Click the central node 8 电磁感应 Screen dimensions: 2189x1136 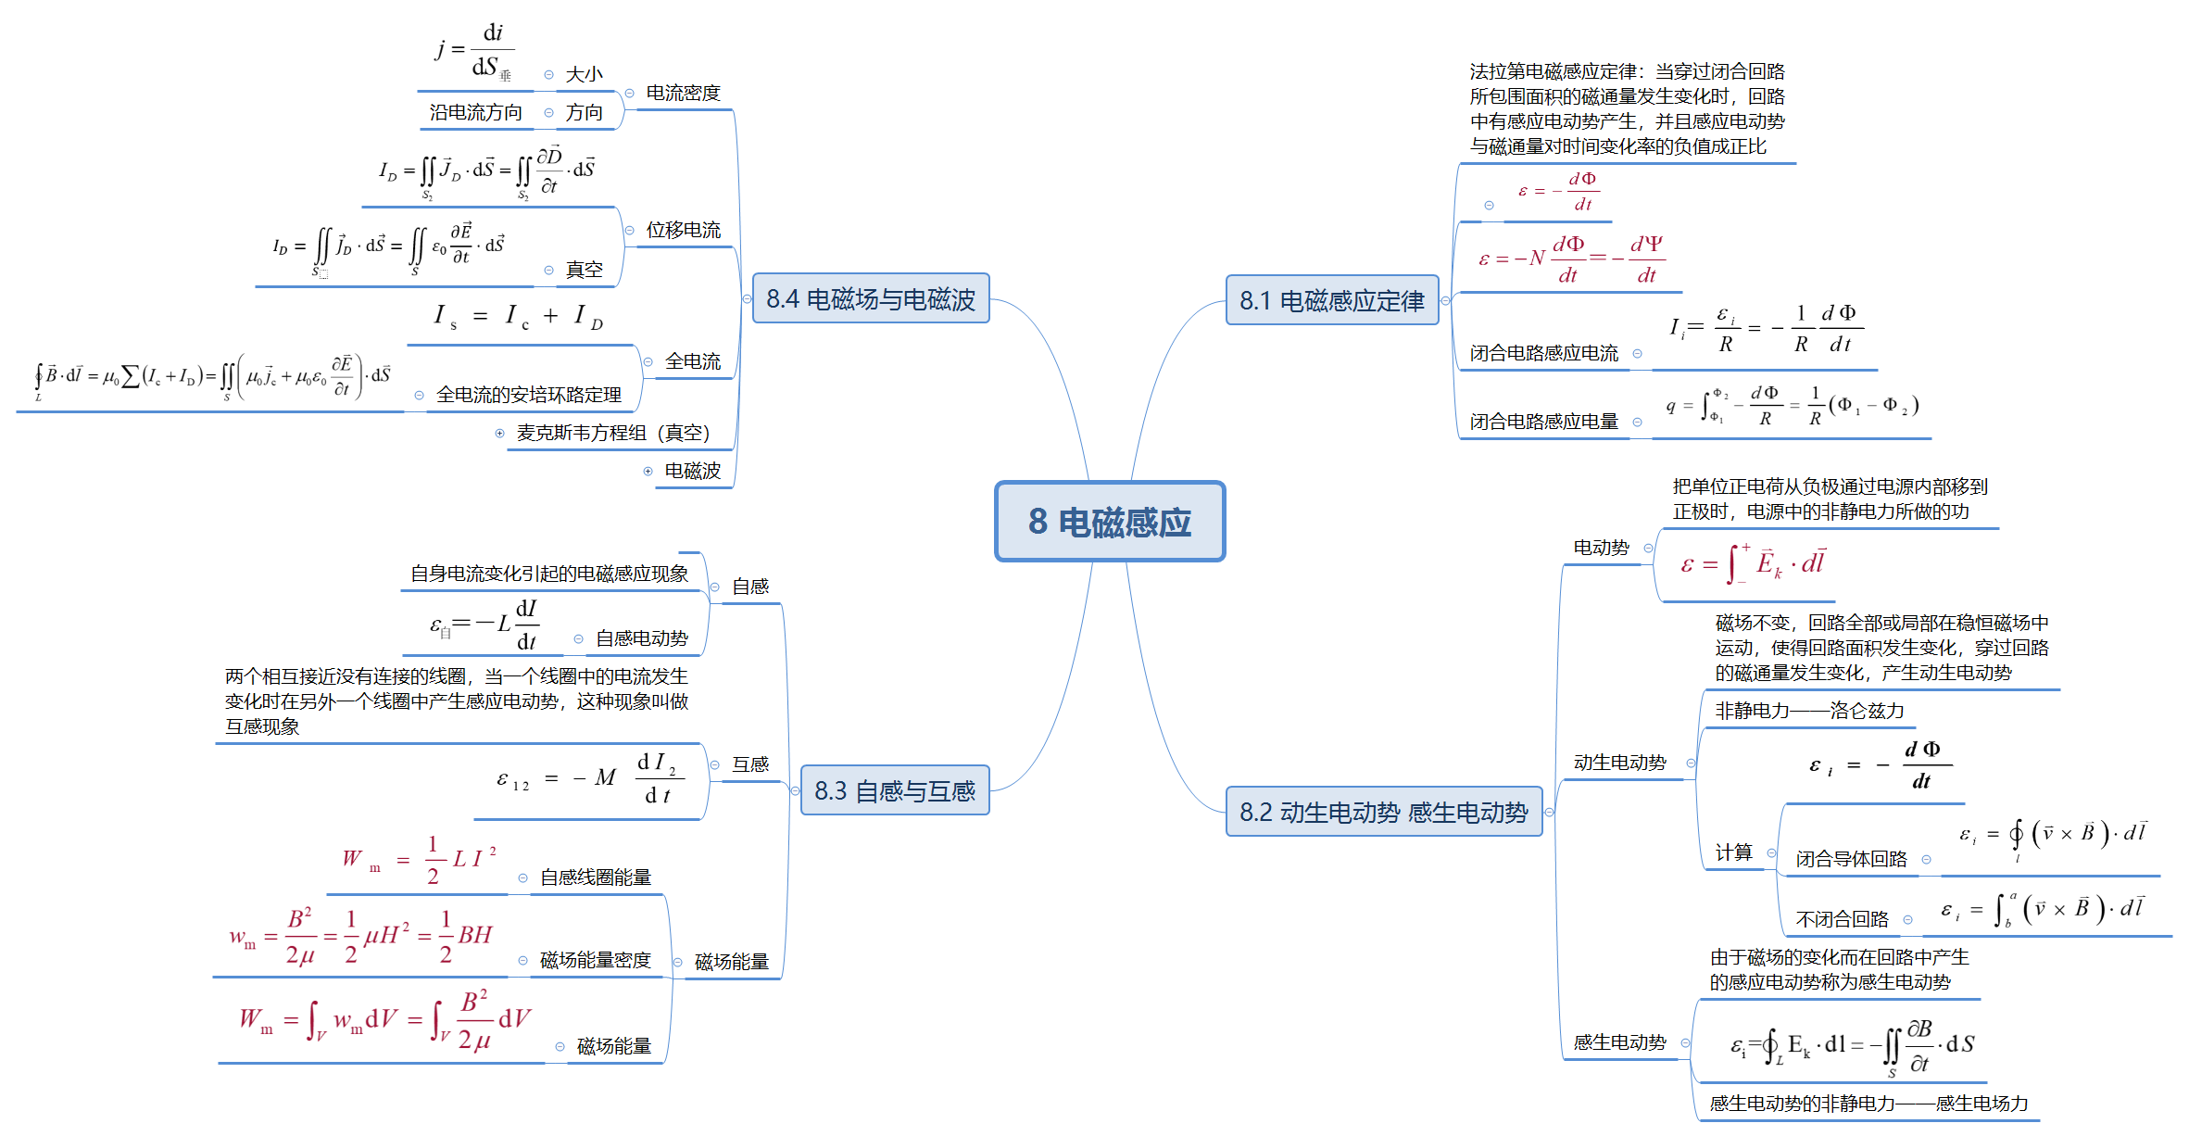[x=1109, y=522]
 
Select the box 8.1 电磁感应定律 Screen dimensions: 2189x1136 [x=1331, y=300]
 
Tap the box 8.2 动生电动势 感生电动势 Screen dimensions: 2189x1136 [x=1383, y=812]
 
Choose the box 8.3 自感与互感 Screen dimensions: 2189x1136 [x=894, y=790]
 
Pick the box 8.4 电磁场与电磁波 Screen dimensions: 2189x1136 [x=870, y=298]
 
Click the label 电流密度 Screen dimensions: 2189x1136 [x=683, y=93]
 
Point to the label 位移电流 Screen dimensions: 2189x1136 [x=683, y=230]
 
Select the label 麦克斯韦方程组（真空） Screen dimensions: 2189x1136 [x=612, y=433]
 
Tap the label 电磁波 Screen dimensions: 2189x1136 [x=692, y=471]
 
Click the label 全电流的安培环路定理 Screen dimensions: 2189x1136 [x=528, y=395]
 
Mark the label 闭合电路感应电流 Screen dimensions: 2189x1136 [x=1543, y=353]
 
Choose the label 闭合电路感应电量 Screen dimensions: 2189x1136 [x=1543, y=422]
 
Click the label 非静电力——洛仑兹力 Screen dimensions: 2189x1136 [x=1809, y=711]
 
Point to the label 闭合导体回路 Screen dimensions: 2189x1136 [x=1851, y=859]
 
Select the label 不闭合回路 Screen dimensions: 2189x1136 [x=1842, y=919]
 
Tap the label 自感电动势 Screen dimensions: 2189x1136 [x=641, y=638]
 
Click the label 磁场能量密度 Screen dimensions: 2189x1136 [x=595, y=960]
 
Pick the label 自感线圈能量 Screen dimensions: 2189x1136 [x=595, y=877]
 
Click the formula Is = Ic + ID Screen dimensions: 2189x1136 [x=518, y=317]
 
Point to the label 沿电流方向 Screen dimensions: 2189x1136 [x=475, y=112]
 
